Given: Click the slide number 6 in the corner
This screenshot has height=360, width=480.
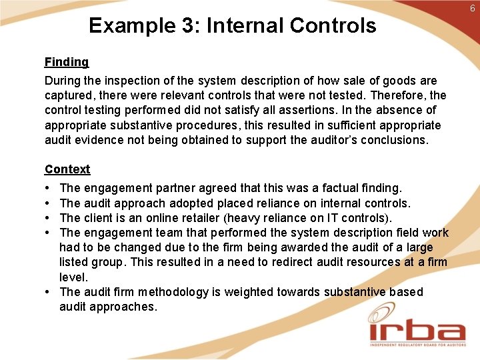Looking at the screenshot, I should click(x=472, y=7).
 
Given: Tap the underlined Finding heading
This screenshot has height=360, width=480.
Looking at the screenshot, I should click(x=67, y=62).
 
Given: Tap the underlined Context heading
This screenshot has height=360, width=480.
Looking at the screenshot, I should click(x=67, y=169).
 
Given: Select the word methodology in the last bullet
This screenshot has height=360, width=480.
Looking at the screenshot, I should click(x=169, y=292).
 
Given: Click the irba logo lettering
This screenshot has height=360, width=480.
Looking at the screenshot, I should click(x=417, y=331).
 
